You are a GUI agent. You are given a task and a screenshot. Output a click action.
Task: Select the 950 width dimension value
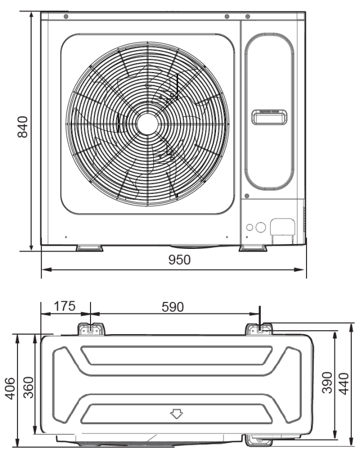[178, 260]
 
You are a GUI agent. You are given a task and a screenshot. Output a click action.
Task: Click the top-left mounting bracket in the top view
[91, 329]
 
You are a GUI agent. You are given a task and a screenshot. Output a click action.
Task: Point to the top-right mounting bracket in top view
[260, 329]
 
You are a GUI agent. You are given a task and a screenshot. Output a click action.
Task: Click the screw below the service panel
[247, 196]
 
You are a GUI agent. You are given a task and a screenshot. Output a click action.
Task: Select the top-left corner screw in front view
[66, 17]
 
